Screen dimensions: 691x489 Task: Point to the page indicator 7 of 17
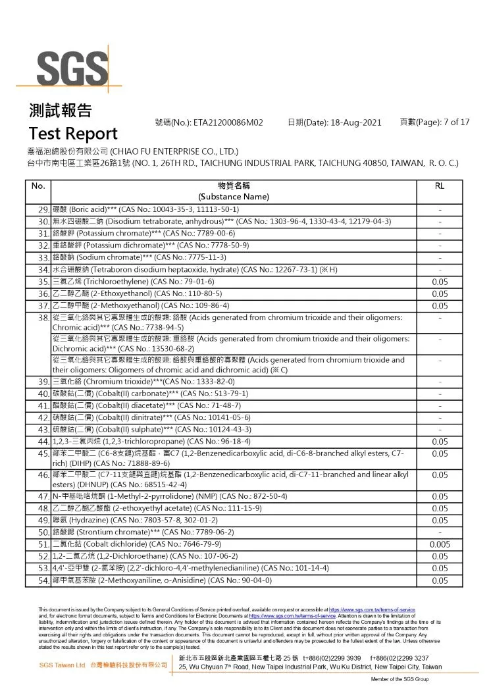point(448,122)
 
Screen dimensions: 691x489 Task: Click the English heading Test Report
point(73,134)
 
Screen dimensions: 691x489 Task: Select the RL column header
point(439,186)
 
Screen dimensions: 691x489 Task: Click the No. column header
point(38,186)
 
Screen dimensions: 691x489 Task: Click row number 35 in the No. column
point(44,282)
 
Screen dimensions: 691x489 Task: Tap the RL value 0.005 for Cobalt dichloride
point(439,545)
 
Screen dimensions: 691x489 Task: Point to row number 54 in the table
point(44,580)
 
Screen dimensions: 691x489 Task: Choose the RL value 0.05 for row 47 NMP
point(439,498)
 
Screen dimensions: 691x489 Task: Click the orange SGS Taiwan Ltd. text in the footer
point(62,665)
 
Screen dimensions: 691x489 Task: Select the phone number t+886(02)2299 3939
point(332,658)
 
